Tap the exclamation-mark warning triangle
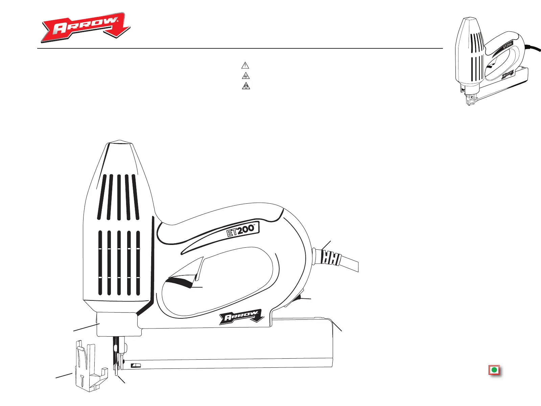tap(245, 65)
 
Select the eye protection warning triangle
tap(245, 76)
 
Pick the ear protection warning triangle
tap(245, 86)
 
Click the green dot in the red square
tap(494, 370)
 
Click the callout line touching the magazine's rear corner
tap(338, 326)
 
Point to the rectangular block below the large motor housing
tap(118, 324)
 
